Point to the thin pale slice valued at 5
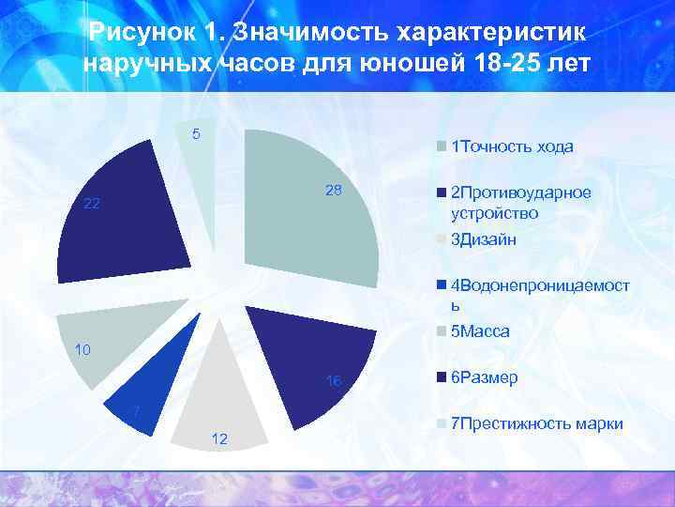pyautogui.click(x=200, y=188)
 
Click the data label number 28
pyautogui.click(x=334, y=191)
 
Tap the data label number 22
pyautogui.click(x=92, y=205)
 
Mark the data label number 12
pyautogui.click(x=220, y=439)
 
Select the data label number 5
pyautogui.click(x=196, y=133)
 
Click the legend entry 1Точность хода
pyautogui.click(x=512, y=146)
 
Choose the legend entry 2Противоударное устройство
pyautogui.click(x=521, y=203)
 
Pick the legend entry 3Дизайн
pyautogui.click(x=484, y=240)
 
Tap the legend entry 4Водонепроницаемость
pyautogui.click(x=540, y=295)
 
